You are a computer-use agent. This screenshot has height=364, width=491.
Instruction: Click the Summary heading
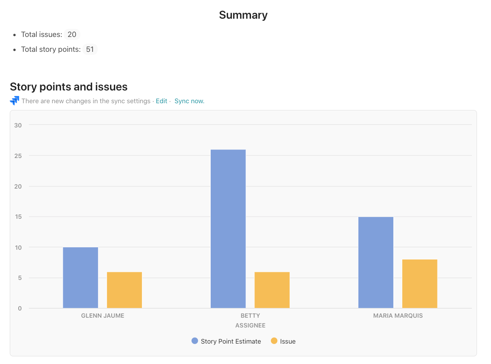243,15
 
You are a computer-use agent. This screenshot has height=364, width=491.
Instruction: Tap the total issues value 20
72,34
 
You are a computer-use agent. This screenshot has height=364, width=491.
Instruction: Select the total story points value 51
90,49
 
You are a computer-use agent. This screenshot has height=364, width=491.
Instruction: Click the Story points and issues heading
68,87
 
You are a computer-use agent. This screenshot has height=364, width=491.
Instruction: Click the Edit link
161,101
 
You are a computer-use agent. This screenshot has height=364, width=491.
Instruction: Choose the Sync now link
189,101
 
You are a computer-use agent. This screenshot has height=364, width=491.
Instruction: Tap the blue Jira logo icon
14,101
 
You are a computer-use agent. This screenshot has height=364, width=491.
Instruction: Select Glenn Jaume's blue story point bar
80,278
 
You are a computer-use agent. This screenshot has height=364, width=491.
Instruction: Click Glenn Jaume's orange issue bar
124,290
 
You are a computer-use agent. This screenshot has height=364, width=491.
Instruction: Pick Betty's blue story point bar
228,229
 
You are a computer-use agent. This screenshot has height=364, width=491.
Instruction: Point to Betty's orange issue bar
272,290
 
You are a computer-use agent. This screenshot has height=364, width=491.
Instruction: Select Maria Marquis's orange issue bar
420,284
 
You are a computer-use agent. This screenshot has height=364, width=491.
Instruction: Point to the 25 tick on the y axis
18,155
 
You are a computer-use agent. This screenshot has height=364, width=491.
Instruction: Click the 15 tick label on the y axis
18,217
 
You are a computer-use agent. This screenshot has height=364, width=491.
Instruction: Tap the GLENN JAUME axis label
103,316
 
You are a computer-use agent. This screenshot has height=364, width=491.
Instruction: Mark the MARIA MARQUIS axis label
398,316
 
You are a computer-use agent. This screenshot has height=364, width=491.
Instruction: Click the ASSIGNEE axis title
250,325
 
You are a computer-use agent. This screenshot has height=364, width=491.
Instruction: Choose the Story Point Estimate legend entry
226,341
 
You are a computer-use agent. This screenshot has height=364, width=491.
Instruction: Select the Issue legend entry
283,341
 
